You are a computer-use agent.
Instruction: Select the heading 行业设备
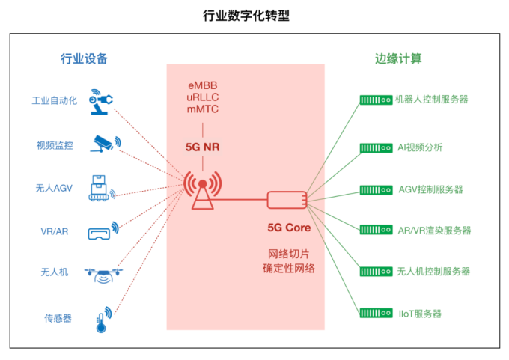pos(84,58)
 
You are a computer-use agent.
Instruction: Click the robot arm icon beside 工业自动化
pos(103,102)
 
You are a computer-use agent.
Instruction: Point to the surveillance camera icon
pos(103,143)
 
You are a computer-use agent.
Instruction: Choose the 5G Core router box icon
pos(287,199)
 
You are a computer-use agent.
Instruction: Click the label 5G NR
pos(203,147)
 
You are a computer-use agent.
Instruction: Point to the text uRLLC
pos(203,97)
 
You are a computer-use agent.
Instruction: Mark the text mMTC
pos(203,109)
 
